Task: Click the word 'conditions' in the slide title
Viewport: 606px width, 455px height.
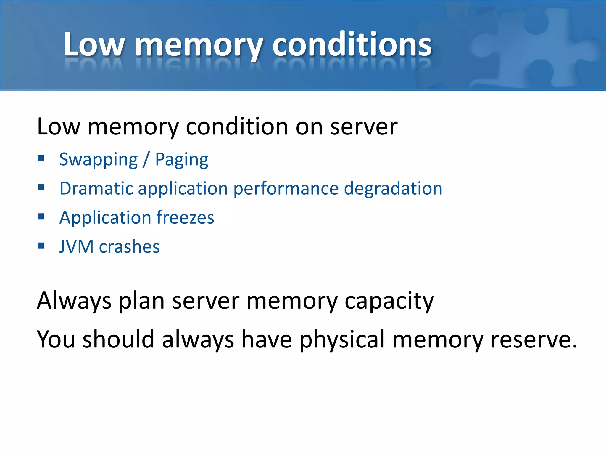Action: coord(352,44)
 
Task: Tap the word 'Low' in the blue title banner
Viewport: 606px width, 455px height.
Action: coord(94,44)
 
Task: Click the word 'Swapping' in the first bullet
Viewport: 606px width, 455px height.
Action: coord(99,160)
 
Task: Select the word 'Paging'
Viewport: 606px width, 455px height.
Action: coord(182,160)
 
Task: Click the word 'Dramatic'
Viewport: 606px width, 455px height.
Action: coord(96,188)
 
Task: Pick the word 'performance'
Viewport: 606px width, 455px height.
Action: coord(286,189)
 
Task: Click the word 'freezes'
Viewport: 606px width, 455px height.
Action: coord(185,217)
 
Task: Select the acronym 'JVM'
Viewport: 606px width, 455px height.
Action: coord(76,246)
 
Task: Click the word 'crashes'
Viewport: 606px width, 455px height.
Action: coord(129,246)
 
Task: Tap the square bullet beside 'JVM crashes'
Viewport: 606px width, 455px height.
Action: coord(41,246)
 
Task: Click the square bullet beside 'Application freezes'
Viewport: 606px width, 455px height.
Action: coord(41,217)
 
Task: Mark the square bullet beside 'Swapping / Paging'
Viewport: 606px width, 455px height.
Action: coord(41,158)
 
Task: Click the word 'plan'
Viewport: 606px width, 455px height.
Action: coord(141,301)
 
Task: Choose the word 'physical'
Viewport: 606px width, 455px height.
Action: coord(342,339)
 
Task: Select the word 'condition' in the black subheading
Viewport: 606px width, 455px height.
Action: coord(237,127)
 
